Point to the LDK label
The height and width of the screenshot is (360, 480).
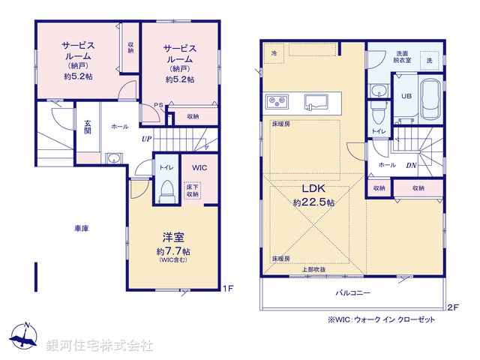pyautogui.click(x=313, y=189)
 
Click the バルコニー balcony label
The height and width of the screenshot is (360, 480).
pyautogui.click(x=352, y=294)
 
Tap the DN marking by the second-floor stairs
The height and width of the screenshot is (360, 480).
pyautogui.click(x=412, y=165)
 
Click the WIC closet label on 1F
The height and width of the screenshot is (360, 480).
pyautogui.click(x=199, y=168)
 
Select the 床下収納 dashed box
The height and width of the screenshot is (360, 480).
pyautogui.click(x=193, y=189)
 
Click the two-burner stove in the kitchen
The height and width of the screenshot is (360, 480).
pyautogui.click(x=274, y=101)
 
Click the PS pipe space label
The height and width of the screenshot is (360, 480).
pyautogui.click(x=159, y=106)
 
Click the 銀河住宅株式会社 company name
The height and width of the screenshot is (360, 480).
pyautogui.click(x=100, y=346)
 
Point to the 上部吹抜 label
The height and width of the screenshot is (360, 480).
pyautogui.click(x=314, y=269)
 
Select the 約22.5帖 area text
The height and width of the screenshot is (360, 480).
pyautogui.click(x=313, y=202)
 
